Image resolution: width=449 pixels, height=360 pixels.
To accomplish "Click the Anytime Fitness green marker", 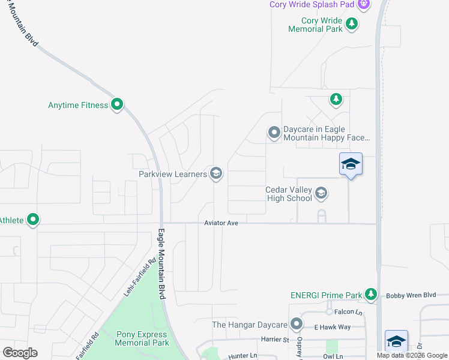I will tap(118, 105).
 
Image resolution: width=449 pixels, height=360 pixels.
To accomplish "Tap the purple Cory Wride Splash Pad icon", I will tap(363, 5).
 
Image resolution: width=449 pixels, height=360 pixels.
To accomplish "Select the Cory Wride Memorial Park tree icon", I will tap(352, 25).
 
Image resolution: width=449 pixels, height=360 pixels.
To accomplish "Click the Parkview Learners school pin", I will tap(216, 174).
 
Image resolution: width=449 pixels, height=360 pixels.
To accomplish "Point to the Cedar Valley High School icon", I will tap(321, 193).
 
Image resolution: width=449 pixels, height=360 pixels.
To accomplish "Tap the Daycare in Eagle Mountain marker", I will tap(274, 132).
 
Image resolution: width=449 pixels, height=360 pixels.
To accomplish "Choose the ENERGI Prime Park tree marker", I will tap(372, 294).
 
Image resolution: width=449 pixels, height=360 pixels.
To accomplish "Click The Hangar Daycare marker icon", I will tap(296, 325).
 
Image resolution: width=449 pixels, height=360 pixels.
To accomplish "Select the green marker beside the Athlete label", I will tap(34, 220).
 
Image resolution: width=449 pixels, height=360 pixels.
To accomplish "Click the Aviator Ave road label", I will tap(221, 223).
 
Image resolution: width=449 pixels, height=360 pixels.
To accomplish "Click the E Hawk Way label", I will tap(332, 327).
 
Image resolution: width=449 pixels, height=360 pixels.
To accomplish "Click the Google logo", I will tap(20, 353).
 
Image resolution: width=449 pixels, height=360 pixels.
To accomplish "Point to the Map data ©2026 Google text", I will tap(412, 355).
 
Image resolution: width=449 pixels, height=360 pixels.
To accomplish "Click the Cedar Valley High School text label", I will tap(289, 194).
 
